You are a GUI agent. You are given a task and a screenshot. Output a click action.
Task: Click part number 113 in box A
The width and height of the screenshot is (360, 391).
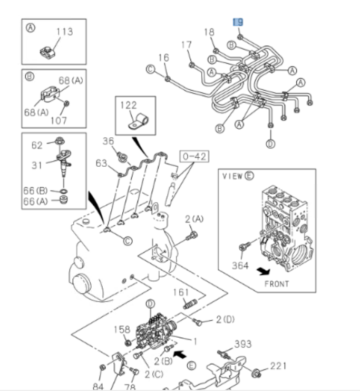click(x=65, y=32)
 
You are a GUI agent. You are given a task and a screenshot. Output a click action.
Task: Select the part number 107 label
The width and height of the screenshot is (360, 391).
click(x=59, y=120)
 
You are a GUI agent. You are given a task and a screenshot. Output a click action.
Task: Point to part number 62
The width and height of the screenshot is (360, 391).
click(x=37, y=145)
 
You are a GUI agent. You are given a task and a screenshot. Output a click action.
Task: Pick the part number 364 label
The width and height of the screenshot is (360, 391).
click(x=240, y=265)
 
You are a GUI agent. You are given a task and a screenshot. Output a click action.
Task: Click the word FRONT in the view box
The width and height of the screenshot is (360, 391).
click(x=277, y=284)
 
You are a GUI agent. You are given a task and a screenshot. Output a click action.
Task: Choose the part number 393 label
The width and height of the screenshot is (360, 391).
click(x=243, y=345)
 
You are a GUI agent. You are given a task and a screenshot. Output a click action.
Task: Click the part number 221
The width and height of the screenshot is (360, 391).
click(x=279, y=366)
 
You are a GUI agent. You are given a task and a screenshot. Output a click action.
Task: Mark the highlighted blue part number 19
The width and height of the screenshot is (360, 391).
click(x=238, y=22)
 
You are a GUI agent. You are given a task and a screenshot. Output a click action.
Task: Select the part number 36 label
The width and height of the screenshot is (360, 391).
click(x=108, y=141)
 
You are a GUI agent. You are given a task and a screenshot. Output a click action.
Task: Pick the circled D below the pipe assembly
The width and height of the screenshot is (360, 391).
click(x=270, y=144)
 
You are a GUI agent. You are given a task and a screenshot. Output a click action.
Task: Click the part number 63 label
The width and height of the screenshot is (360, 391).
click(x=101, y=163)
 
